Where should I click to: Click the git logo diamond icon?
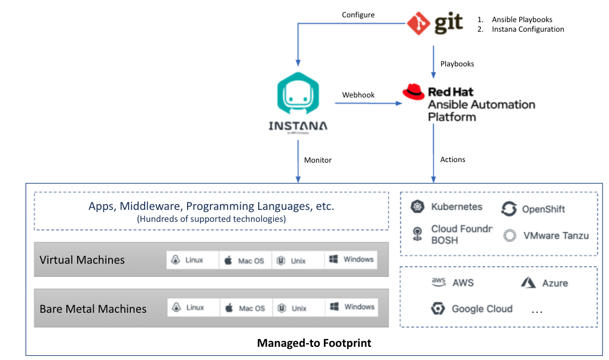click(x=419, y=23)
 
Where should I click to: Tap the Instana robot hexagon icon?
click(x=298, y=96)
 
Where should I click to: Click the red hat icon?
click(x=414, y=91)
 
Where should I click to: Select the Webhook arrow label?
click(x=359, y=95)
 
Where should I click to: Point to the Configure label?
click(x=358, y=14)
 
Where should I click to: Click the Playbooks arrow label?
click(x=457, y=63)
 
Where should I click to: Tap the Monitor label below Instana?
click(x=318, y=160)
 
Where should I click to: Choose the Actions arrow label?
click(x=453, y=159)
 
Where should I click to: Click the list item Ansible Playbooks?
click(x=522, y=20)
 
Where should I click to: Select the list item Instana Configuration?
click(x=528, y=29)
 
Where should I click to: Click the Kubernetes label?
click(x=457, y=207)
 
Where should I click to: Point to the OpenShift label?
click(x=543, y=209)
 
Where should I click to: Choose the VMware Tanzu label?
click(x=556, y=236)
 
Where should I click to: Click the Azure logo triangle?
click(x=528, y=283)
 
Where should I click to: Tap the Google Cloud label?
click(x=482, y=309)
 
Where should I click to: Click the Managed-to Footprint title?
click(x=314, y=343)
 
